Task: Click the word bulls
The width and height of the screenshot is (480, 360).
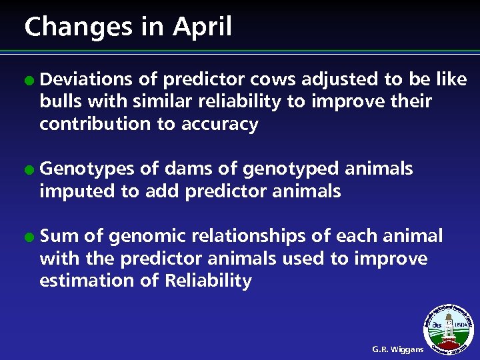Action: point(59,102)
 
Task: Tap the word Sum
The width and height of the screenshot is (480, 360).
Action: point(59,236)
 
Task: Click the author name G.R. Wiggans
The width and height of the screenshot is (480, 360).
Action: point(397,349)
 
